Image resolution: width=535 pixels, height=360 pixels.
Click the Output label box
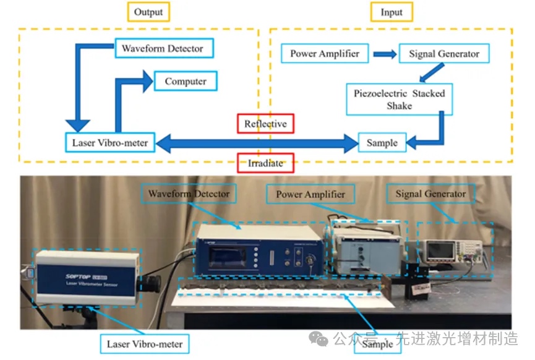click(148, 12)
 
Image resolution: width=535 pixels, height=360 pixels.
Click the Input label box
click(392, 12)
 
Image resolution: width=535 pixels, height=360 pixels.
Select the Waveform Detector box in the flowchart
click(162, 48)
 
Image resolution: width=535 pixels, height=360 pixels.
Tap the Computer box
click(185, 81)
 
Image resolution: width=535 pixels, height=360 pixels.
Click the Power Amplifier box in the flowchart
click(325, 53)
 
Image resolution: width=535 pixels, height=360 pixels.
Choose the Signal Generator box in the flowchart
click(444, 53)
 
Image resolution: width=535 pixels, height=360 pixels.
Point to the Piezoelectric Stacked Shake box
click(399, 100)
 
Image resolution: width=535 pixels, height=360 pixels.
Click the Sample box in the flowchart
click(382, 143)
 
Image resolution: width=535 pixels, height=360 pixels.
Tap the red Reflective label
click(265, 124)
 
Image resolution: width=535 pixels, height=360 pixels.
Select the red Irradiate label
click(265, 163)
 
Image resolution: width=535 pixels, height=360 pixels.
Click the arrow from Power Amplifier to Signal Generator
click(385, 54)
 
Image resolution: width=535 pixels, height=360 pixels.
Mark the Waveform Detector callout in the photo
click(189, 194)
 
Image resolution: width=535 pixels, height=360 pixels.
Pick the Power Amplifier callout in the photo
click(311, 194)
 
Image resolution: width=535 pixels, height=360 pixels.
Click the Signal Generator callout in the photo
click(430, 194)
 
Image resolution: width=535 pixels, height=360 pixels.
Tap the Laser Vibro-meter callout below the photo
click(145, 343)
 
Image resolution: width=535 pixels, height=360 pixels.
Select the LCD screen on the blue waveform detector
click(225, 255)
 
